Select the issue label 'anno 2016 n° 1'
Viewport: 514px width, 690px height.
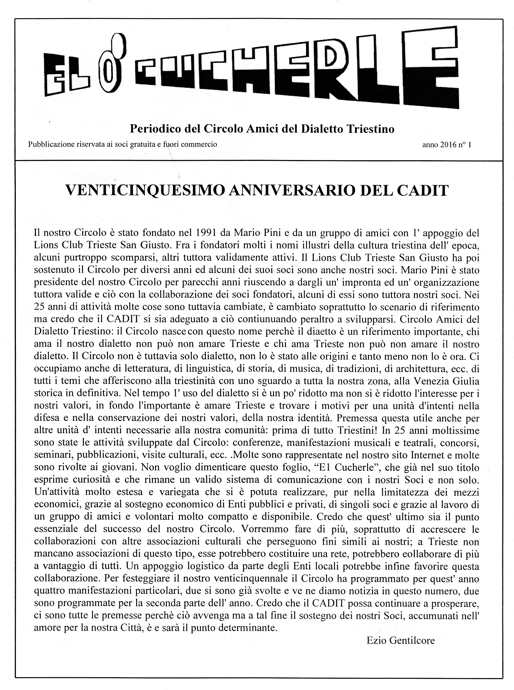coord(446,145)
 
